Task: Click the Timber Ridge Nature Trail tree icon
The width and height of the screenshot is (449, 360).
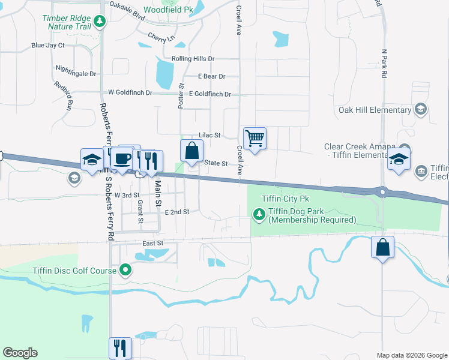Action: (x=100, y=23)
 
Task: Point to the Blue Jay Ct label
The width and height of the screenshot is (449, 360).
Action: (x=47, y=45)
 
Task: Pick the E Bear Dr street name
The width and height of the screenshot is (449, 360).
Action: (x=211, y=76)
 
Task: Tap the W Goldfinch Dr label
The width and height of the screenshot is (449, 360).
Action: (x=130, y=92)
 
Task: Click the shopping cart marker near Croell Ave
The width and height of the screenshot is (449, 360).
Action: (x=255, y=139)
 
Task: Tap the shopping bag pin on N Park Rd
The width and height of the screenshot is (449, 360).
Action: (x=382, y=247)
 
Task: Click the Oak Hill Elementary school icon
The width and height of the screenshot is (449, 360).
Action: (x=421, y=109)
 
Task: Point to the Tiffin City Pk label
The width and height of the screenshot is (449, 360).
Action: (x=285, y=199)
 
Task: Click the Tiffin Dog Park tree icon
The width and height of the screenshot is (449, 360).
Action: (x=259, y=214)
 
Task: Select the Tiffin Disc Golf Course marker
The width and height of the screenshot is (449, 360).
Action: (x=125, y=270)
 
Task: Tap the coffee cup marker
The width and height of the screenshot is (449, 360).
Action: (x=122, y=159)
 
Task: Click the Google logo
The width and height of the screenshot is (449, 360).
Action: (x=20, y=353)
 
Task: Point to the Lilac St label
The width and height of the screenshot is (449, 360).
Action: (x=209, y=136)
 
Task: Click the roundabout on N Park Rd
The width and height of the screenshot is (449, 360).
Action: (x=382, y=193)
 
